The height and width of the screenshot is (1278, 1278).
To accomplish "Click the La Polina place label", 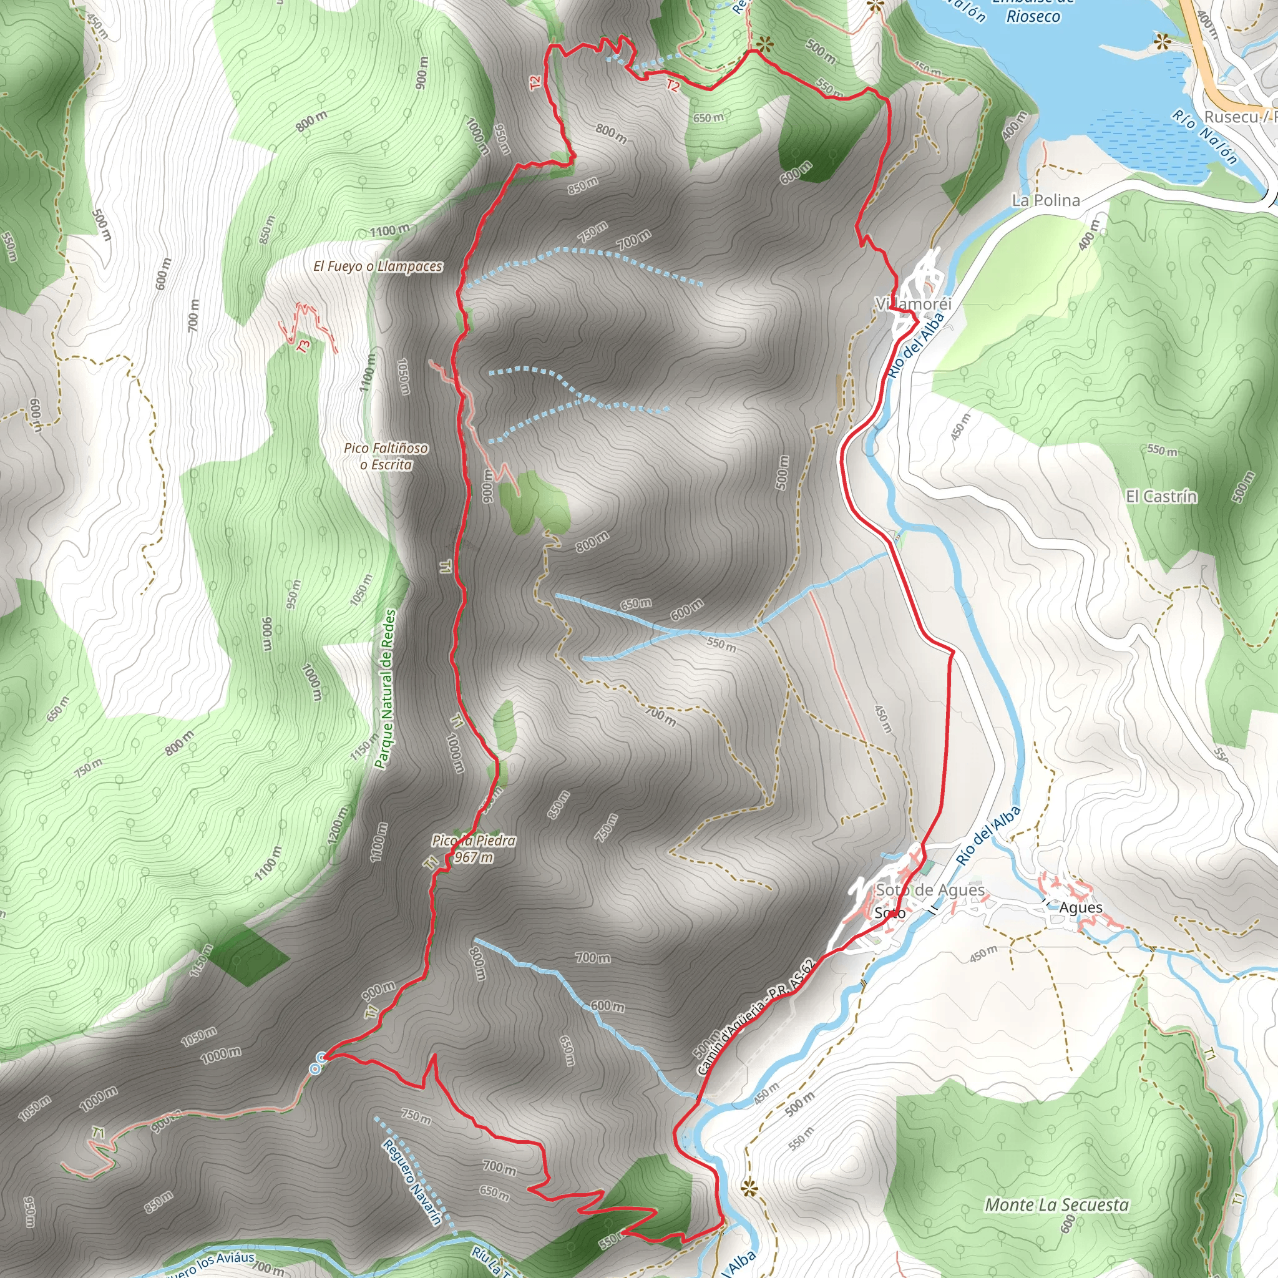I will point(1046,200).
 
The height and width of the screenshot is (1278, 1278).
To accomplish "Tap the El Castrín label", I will point(1161,496).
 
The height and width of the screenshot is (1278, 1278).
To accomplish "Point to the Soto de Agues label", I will point(930,890).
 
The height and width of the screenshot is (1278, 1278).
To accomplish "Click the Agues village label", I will point(1080,907).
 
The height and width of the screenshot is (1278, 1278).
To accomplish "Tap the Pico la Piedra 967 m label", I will point(474,849).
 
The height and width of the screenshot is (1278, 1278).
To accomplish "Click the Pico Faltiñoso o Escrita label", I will point(386,456).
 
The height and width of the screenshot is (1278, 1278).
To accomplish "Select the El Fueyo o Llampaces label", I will point(378,266).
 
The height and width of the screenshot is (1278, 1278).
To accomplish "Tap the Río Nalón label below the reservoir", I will point(1204,136).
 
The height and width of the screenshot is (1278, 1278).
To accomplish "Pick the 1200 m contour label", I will point(337,827).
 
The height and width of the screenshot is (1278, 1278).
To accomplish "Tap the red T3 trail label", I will point(304,346).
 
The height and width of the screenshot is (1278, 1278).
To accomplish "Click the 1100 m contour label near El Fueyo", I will point(389,231).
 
